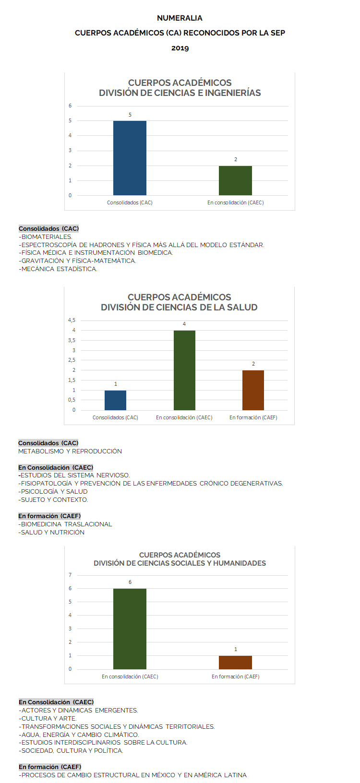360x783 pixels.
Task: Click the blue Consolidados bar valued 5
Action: coord(130,158)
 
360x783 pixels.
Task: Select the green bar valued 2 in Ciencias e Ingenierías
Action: coord(235,180)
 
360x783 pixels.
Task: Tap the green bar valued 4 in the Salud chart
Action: coord(184,370)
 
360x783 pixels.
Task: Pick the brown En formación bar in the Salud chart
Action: coord(253,390)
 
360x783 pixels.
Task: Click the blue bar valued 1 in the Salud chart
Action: coord(115,400)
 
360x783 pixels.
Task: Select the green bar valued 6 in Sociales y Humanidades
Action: coord(130,629)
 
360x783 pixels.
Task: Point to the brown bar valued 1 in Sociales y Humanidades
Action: coord(235,662)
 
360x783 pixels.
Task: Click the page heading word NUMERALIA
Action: coord(180,18)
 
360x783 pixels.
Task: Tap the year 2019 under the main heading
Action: coord(180,48)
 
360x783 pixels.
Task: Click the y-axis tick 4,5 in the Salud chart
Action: coord(72,320)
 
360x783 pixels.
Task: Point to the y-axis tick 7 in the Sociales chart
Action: coord(70,575)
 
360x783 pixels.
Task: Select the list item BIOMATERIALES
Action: coord(47,237)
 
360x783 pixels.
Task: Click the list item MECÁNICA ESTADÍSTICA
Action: coord(59,269)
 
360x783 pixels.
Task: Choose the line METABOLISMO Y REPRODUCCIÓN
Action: coord(70,451)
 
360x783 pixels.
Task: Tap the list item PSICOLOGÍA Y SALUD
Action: coord(54,491)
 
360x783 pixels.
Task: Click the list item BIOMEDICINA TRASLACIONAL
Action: coord(66,524)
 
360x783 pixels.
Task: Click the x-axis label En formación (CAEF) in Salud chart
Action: coord(253,417)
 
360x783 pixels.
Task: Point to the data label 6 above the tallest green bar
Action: coord(130,582)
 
